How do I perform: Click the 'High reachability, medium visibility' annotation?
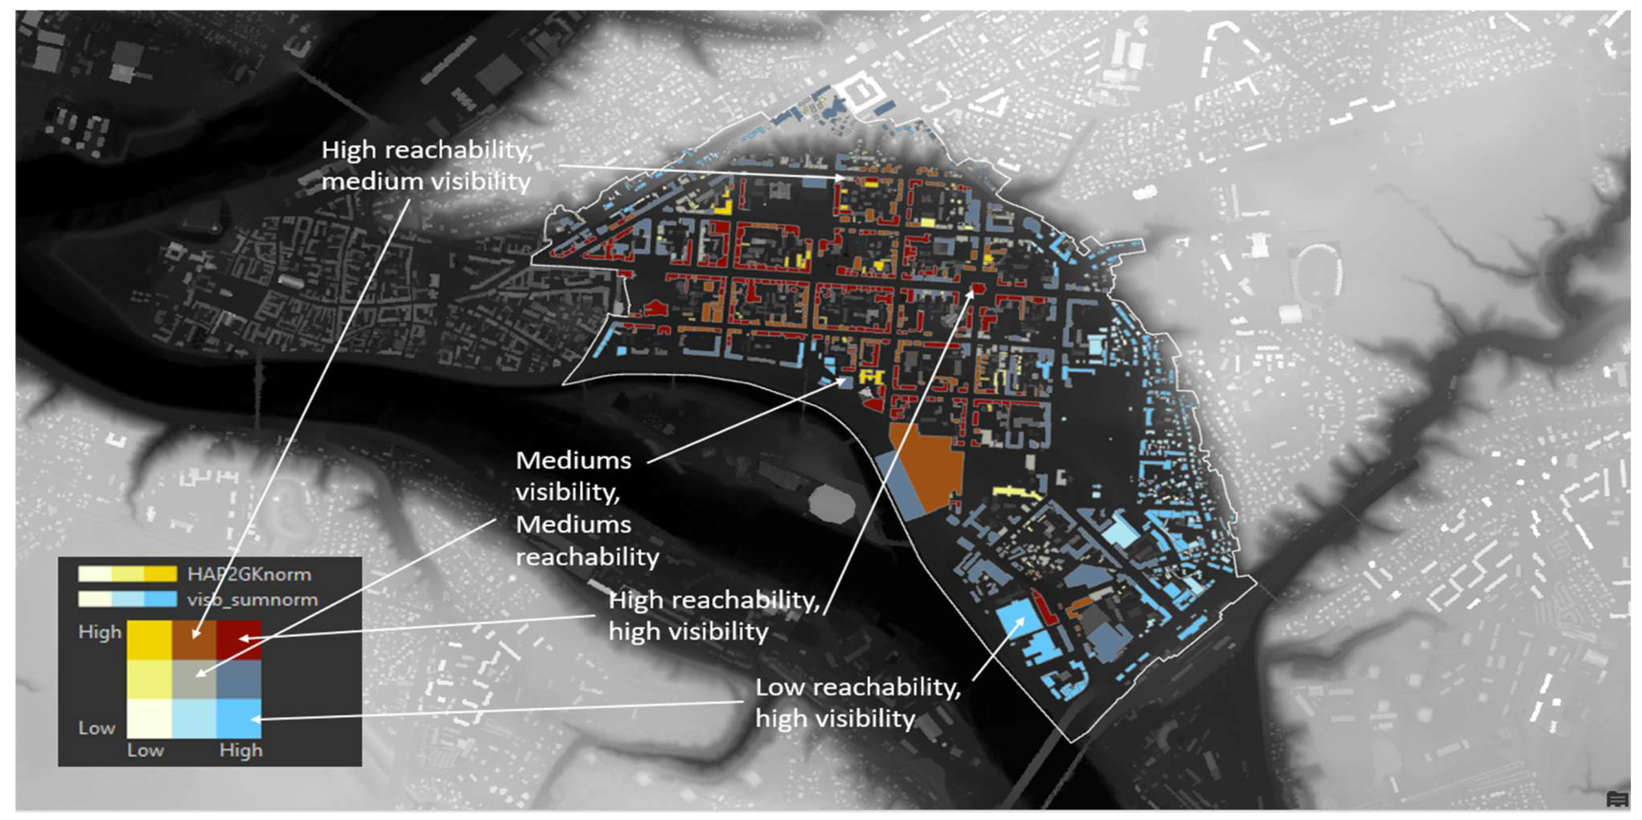[426, 165]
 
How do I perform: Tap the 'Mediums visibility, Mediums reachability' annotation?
[586, 508]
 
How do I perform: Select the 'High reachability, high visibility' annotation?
[714, 616]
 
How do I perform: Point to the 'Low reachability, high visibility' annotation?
[858, 703]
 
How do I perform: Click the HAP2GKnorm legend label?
[249, 575]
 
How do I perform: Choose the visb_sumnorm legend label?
[252, 599]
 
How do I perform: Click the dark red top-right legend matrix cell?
[239, 639]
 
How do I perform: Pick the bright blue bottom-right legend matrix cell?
[239, 718]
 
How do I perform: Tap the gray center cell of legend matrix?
[195, 679]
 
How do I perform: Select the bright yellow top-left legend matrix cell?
[150, 639]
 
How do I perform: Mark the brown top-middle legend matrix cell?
[195, 639]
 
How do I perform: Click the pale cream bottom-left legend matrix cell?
[150, 718]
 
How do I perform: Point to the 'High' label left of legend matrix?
[99, 632]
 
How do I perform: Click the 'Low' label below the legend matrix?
[146, 750]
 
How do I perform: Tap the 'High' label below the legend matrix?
[241, 750]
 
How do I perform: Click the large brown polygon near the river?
[928, 465]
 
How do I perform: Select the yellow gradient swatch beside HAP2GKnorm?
[127, 574]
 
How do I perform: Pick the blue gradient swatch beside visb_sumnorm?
[127, 599]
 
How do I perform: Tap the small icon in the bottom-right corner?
[1617, 798]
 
